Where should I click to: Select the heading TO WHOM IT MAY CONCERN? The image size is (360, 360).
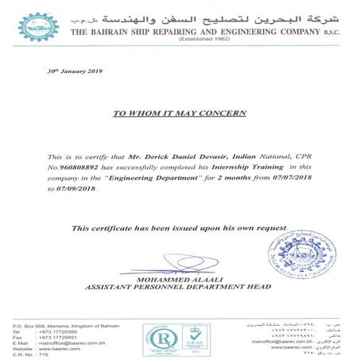[x=180, y=114]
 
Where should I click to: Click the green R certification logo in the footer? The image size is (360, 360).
[x=157, y=338]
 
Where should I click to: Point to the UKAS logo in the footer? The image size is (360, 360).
[x=194, y=338]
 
